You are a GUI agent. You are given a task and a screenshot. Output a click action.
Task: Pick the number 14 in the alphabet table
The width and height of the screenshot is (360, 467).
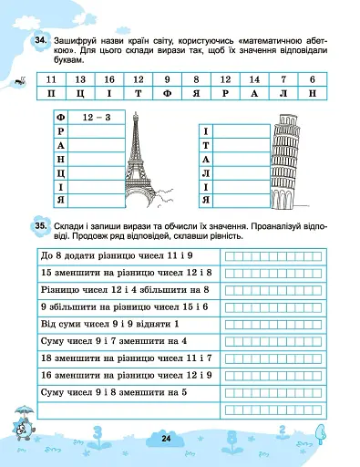(254, 81)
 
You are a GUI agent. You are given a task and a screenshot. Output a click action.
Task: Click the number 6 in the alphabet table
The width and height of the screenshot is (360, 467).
(313, 81)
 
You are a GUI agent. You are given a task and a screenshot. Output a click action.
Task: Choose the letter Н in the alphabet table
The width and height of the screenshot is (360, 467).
(313, 95)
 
